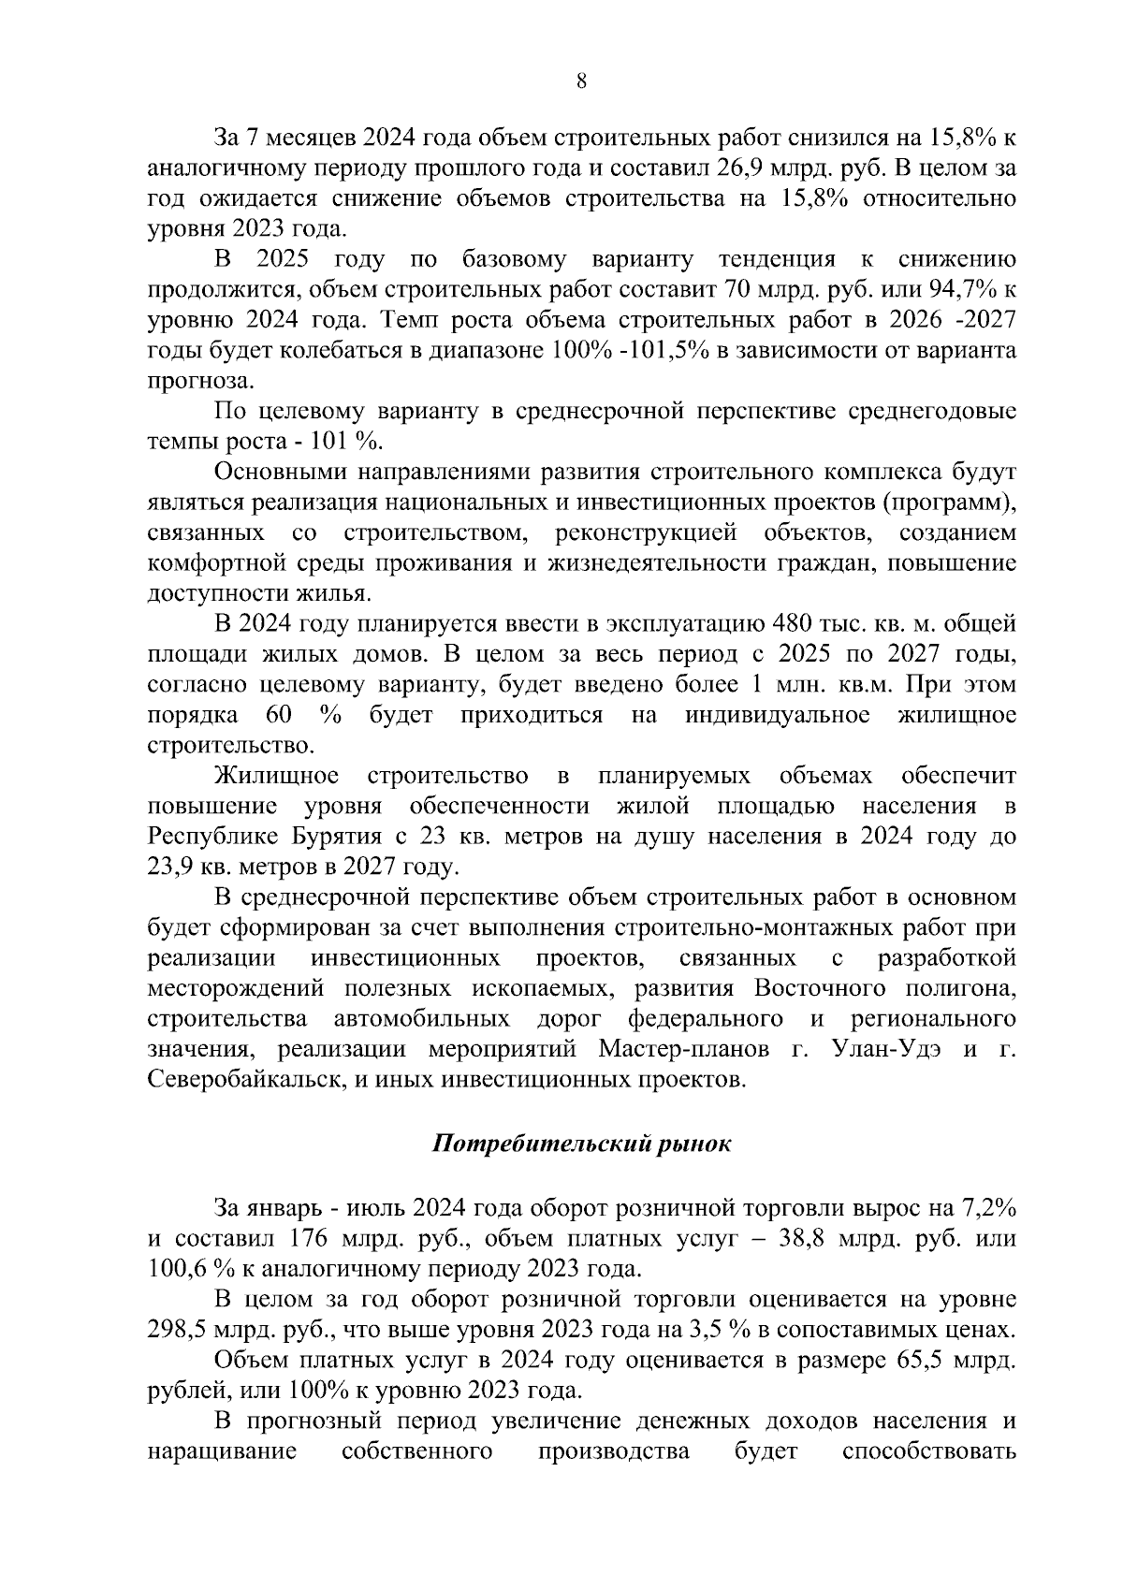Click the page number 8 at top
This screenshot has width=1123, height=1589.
(580, 81)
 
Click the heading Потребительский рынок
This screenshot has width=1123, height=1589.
(580, 1144)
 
